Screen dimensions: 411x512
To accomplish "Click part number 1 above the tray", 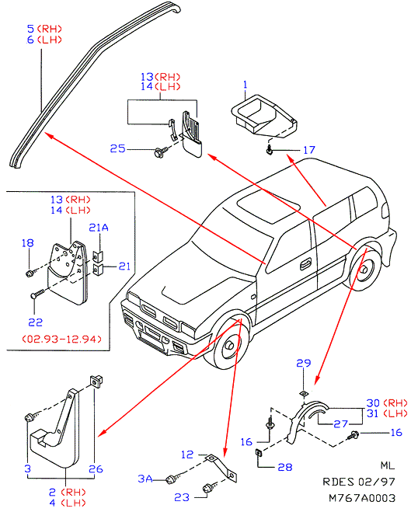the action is pos(246,85).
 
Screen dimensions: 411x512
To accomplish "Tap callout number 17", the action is pos(309,150).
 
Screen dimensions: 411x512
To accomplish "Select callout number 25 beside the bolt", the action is pos(117,149).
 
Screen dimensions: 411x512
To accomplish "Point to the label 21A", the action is pos(99,228).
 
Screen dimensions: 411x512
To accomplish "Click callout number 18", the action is pos(28,243).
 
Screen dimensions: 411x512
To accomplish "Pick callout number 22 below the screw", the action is pos(36,322).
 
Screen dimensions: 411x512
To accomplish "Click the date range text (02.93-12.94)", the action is pos(61,339).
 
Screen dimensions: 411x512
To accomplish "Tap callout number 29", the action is pos(304,363).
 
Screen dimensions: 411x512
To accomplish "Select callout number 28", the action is pos(284,467).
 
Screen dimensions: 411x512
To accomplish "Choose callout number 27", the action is pos(341,424).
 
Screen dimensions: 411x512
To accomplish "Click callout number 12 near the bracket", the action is pos(187,455).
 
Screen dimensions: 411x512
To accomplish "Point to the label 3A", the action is pos(145,479).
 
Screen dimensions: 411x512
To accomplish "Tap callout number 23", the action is pos(182,497).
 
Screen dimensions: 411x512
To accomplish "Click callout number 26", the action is pos(96,469).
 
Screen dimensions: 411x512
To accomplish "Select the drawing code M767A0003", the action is pos(362,498).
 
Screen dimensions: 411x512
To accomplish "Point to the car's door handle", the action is pos(305,264).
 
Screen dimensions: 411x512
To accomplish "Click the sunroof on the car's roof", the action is pos(268,207).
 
